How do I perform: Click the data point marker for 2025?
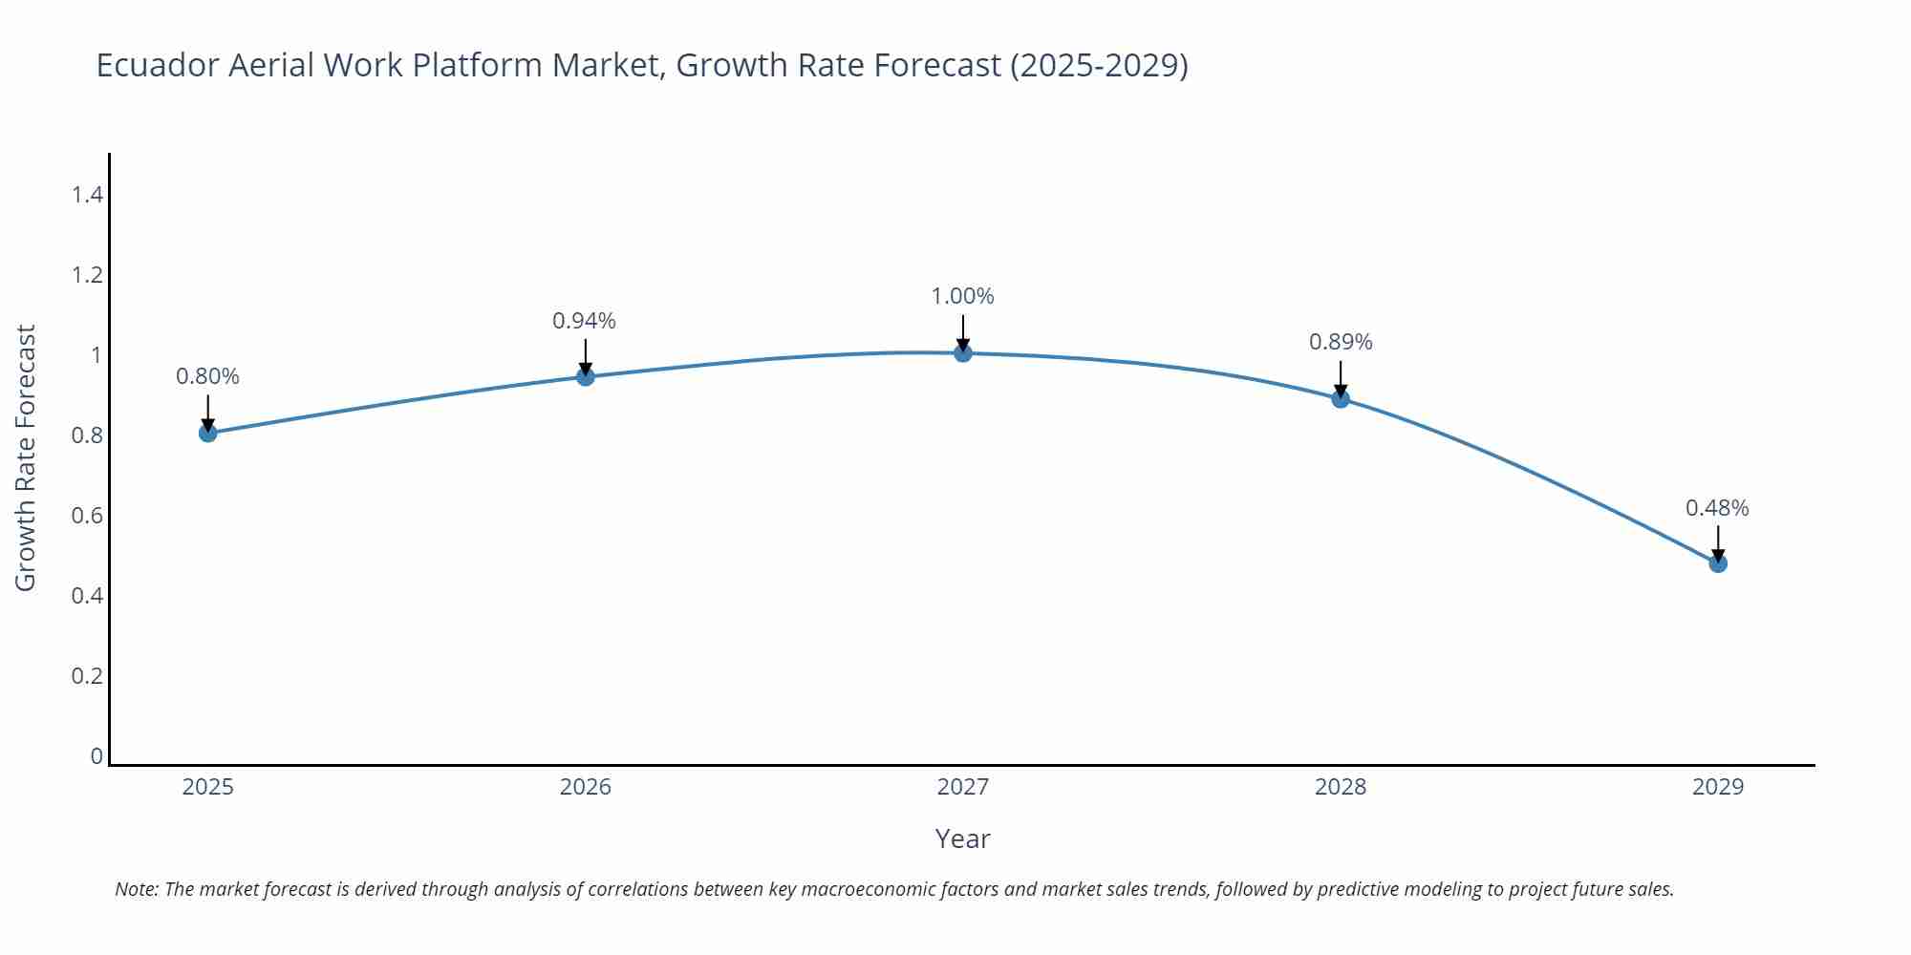tap(208, 433)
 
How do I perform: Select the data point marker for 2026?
tap(586, 376)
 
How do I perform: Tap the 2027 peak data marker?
tap(963, 352)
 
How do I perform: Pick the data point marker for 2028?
tap(1341, 398)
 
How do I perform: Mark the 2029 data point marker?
tap(1718, 562)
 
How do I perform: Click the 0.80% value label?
tap(207, 376)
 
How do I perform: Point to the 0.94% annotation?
tap(584, 321)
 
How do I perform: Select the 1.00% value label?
tap(962, 296)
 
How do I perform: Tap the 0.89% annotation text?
tap(1341, 342)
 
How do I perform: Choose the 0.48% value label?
tap(1717, 508)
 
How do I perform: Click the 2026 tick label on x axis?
tap(586, 787)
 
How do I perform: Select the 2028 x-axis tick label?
tap(1341, 787)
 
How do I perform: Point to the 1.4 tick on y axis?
tap(87, 195)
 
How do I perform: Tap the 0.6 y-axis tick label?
tap(87, 516)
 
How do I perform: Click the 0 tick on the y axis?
tap(97, 756)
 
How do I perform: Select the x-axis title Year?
tap(962, 838)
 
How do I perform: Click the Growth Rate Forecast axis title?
tap(26, 457)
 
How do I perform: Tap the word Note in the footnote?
tap(136, 889)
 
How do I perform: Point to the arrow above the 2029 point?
tap(1718, 541)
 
